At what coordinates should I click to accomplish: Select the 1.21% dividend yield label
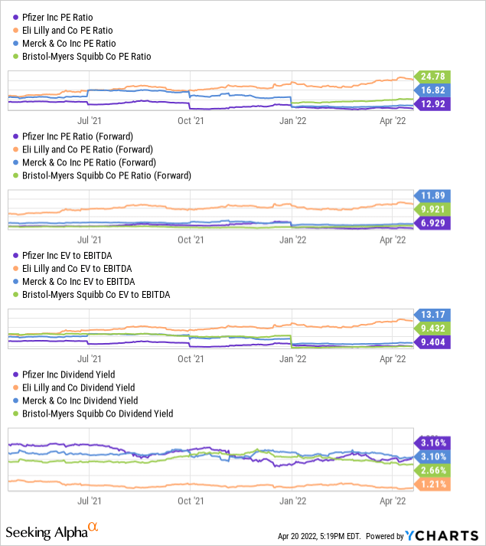pos(432,485)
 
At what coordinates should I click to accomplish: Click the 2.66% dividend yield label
pos(432,470)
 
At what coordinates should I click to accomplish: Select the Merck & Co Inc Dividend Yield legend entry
pos(80,400)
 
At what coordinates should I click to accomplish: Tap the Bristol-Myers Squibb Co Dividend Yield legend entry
pos(97,414)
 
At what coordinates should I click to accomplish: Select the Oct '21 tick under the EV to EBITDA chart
pos(189,357)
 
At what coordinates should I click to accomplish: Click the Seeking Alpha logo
pos(52,531)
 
